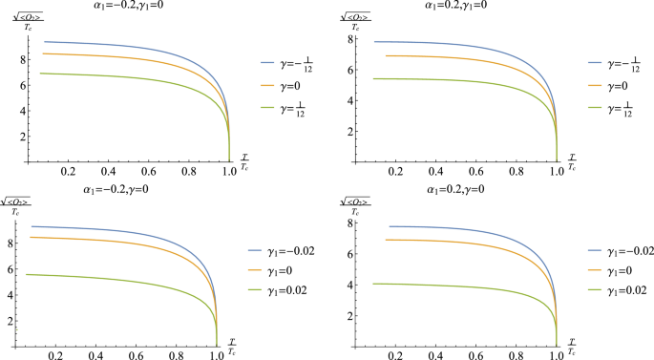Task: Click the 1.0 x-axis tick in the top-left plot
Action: [x=229, y=170]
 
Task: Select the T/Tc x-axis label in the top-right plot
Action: [x=571, y=161]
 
